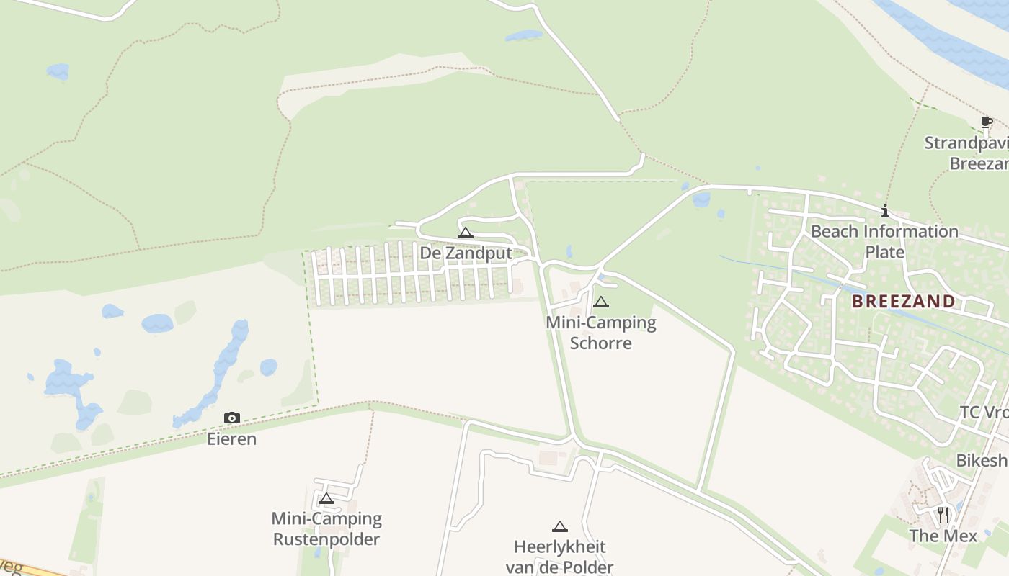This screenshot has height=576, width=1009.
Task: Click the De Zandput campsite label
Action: click(466, 253)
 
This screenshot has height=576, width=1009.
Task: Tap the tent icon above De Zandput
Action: click(466, 233)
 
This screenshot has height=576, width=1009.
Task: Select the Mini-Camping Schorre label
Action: click(601, 332)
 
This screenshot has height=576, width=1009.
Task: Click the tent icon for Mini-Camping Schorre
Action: click(601, 302)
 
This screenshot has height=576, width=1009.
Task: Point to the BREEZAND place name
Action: click(904, 301)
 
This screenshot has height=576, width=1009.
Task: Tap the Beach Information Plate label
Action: click(884, 241)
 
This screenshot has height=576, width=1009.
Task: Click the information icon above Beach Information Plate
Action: click(885, 211)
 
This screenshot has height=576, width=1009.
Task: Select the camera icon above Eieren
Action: click(231, 418)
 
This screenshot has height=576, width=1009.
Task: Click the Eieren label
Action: click(231, 438)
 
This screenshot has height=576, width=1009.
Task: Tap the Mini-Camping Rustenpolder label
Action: click(326, 528)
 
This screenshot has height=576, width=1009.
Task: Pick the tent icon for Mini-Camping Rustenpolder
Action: click(326, 498)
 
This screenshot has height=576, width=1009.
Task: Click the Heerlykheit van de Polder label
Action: click(560, 557)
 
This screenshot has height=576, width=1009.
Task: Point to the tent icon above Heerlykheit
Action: click(560, 526)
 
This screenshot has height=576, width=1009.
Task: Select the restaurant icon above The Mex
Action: click(943, 515)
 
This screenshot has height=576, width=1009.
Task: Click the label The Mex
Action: click(943, 536)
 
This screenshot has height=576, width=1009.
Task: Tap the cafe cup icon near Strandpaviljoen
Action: click(986, 122)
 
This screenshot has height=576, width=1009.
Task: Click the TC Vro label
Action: click(983, 413)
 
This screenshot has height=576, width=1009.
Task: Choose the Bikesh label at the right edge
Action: click(982, 460)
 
